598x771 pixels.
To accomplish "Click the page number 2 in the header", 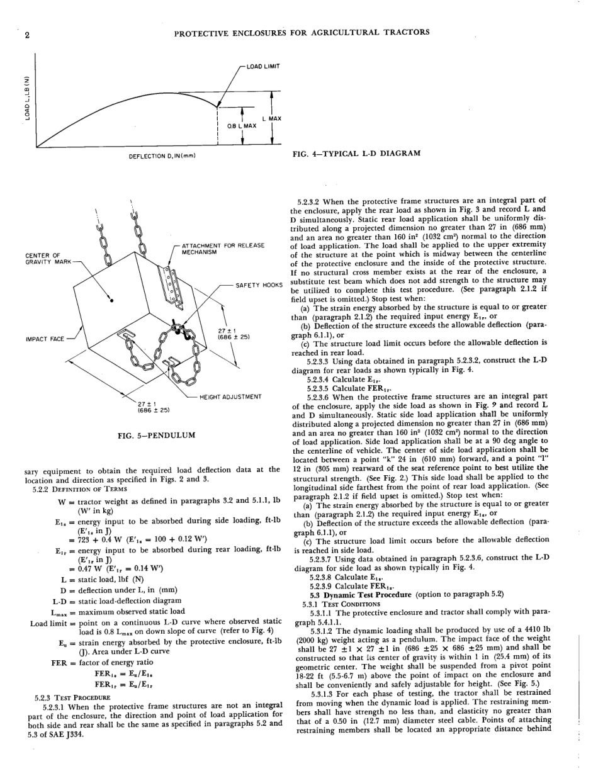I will click(26, 35).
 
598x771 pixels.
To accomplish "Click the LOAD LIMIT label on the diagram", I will click(262, 66).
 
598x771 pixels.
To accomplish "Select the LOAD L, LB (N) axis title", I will click(27, 98).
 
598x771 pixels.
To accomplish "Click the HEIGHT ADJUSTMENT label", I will click(230, 397).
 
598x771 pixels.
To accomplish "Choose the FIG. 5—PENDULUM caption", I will click(156, 435).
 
